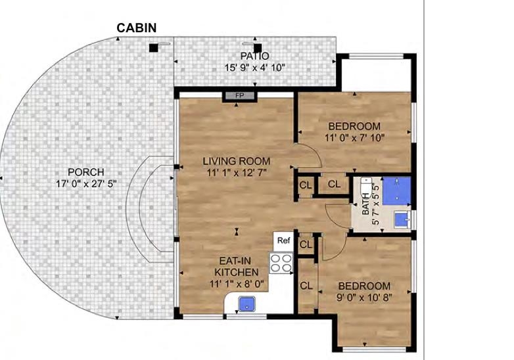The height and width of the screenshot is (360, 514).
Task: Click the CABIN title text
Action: click(x=136, y=28)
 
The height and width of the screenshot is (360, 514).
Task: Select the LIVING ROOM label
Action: click(x=236, y=161)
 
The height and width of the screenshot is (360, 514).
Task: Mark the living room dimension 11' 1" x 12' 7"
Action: click(x=236, y=173)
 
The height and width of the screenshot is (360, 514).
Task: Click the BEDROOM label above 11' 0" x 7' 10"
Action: click(x=354, y=126)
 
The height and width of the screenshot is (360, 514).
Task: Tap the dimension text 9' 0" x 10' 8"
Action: click(x=364, y=298)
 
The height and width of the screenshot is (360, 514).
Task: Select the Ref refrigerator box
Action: click(x=283, y=240)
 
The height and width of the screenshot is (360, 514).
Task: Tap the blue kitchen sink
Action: click(x=248, y=304)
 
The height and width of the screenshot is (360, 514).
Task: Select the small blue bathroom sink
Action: click(x=401, y=217)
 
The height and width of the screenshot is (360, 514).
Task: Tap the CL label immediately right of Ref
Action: click(x=305, y=244)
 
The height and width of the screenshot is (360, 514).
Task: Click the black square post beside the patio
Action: click(x=153, y=47)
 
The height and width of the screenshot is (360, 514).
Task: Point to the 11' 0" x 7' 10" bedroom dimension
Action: click(x=354, y=138)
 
